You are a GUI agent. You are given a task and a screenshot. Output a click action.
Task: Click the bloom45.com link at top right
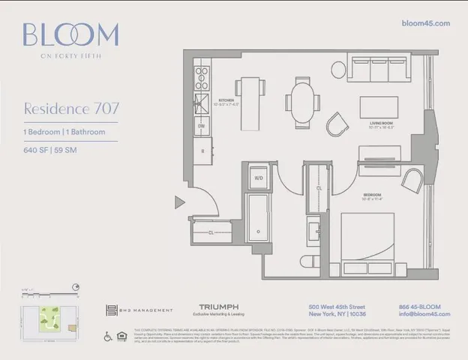tap(425, 23)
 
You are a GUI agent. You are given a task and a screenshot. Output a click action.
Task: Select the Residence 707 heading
tap(71, 108)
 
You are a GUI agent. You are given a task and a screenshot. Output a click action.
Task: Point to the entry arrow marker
tap(179, 202)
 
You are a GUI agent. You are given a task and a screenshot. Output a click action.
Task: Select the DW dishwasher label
tap(202, 127)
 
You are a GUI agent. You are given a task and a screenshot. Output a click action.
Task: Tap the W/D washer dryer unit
tap(259, 178)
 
